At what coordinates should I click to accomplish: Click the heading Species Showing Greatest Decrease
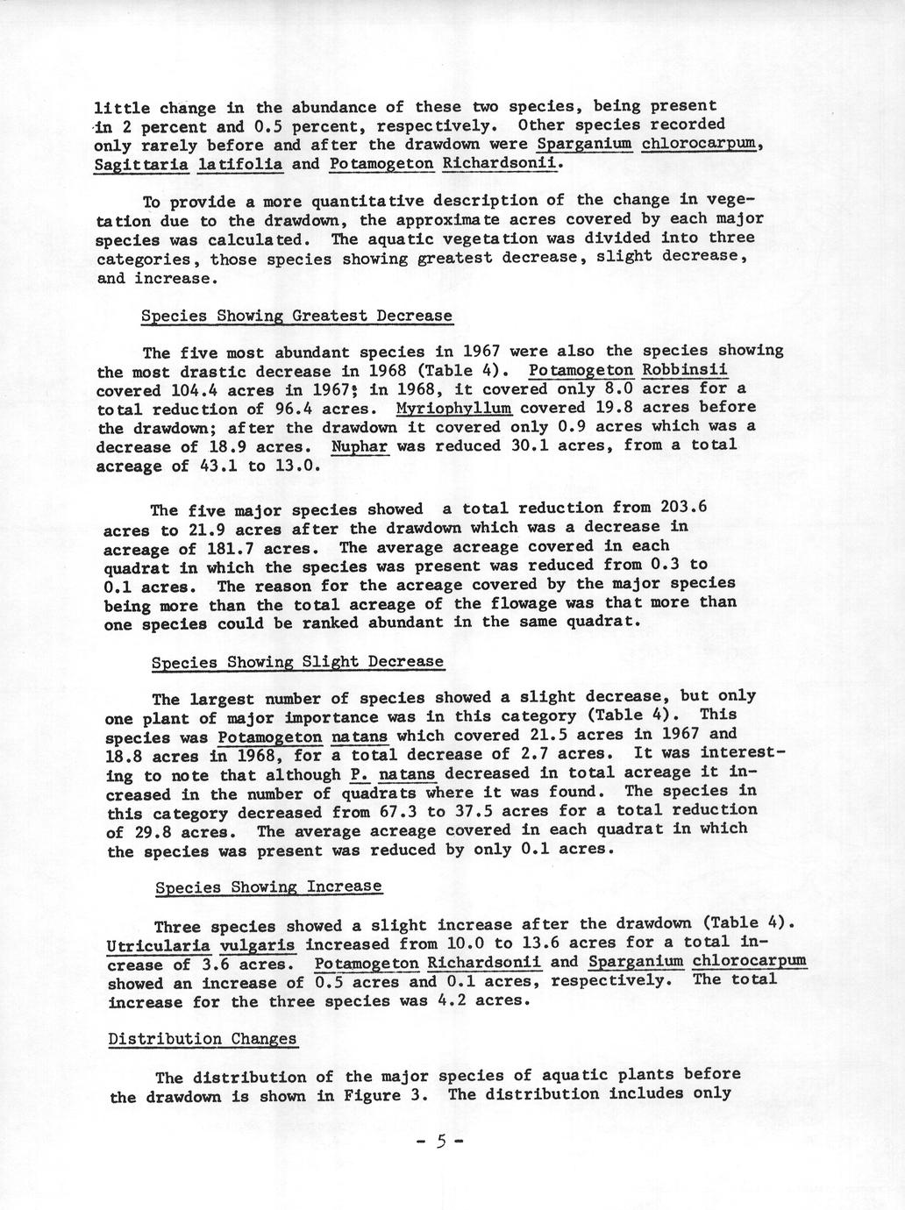pyautogui.click(x=296, y=316)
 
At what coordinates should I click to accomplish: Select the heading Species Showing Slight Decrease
pyautogui.click(x=297, y=662)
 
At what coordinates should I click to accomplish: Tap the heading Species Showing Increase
pyautogui.click(x=268, y=887)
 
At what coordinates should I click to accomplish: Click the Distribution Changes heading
pyautogui.click(x=203, y=1040)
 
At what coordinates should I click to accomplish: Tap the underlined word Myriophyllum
pyautogui.click(x=453, y=409)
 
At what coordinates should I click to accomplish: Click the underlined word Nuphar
pyautogui.click(x=360, y=446)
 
